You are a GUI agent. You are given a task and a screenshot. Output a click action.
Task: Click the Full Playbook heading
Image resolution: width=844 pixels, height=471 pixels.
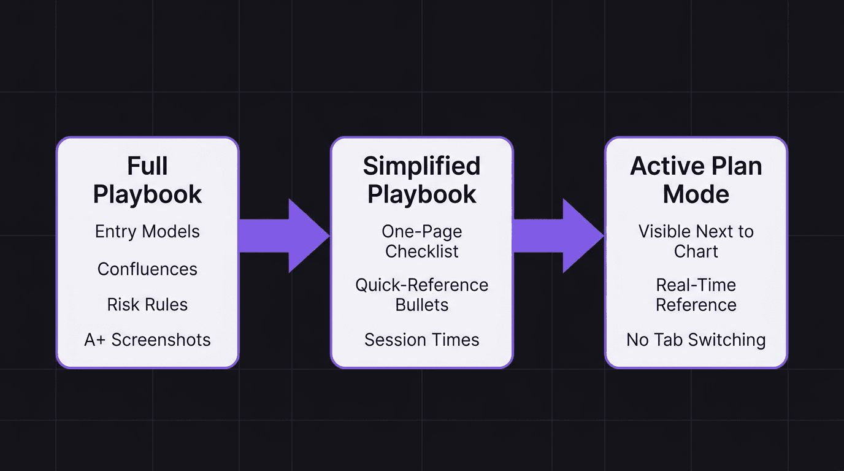pos(147,180)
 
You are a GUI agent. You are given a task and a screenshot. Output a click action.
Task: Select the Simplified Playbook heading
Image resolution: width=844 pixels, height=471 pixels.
pos(421,180)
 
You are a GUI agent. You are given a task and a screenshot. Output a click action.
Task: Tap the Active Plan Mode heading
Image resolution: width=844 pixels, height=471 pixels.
pos(696,180)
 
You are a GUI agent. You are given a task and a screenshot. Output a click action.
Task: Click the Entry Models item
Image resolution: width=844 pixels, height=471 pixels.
pos(147,232)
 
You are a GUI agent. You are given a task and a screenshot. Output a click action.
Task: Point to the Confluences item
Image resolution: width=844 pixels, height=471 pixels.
pos(147,269)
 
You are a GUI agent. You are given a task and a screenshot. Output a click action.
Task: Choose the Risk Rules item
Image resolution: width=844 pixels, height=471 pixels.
pos(147,305)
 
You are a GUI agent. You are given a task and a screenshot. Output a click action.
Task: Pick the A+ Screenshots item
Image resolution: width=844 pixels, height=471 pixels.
pos(147,340)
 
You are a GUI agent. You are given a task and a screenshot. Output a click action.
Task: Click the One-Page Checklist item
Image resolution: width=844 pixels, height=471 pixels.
pos(421,241)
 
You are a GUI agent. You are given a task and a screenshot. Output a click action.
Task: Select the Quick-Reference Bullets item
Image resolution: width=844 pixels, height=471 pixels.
pos(421,295)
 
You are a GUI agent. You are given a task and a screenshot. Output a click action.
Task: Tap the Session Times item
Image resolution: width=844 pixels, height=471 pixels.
pos(421,340)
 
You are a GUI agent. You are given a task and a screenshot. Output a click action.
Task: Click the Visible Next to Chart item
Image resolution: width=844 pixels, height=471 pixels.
pos(696,241)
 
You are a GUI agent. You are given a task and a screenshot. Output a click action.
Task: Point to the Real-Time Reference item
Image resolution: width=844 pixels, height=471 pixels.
pos(696,295)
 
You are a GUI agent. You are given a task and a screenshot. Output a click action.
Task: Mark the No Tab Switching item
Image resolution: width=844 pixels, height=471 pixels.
pos(696,340)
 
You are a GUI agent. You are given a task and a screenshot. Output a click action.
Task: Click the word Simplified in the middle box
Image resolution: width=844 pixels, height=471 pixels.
pos(421,166)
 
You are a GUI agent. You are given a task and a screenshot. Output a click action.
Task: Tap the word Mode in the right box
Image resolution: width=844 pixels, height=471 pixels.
pos(696,194)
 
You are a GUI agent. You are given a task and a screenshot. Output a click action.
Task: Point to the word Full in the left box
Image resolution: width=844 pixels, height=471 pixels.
pos(147,166)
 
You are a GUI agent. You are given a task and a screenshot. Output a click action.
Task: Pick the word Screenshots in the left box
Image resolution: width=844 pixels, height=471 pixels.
pos(161,340)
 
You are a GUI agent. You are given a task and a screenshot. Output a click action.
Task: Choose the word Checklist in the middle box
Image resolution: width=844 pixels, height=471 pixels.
pos(421,251)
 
